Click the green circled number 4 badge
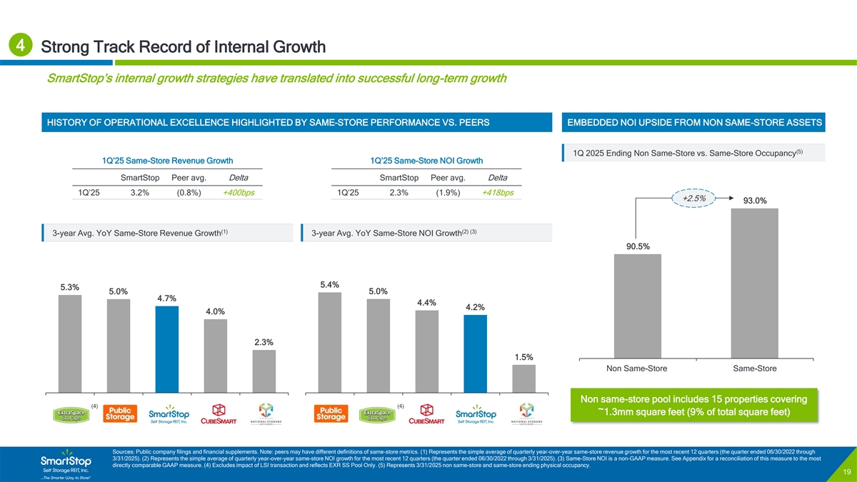[20, 46]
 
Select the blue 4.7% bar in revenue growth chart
[167, 349]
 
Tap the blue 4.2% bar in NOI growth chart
[475, 353]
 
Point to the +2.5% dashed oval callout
[694, 199]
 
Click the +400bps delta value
[239, 193]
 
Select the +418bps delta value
[498, 193]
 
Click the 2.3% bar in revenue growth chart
[264, 371]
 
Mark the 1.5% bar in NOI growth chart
[523, 378]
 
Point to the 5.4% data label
[330, 285]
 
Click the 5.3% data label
[70, 287]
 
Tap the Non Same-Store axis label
[638, 368]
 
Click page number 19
[845, 472]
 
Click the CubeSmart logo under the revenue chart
[216, 413]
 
